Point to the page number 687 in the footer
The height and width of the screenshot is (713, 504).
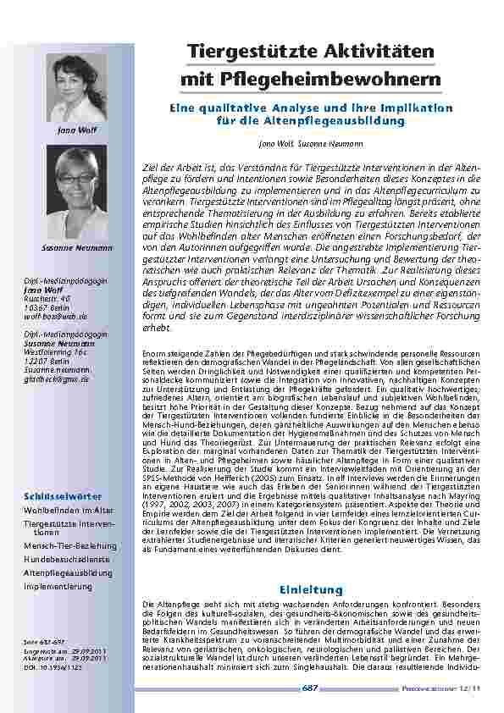[x=311, y=688]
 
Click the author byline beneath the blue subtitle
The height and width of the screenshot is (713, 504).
[x=311, y=145]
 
